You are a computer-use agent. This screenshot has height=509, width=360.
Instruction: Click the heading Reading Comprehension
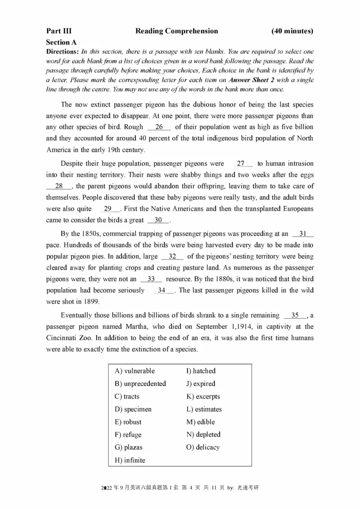[x=176, y=31]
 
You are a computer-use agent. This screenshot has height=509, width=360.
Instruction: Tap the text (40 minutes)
[x=292, y=31]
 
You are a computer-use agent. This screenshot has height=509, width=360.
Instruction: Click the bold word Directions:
[x=63, y=52]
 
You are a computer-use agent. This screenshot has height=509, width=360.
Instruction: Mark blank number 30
[x=158, y=220]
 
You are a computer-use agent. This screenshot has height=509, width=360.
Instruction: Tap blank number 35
[x=295, y=315]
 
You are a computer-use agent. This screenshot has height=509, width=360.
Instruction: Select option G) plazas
[x=128, y=447]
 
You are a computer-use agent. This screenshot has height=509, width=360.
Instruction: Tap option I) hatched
[x=201, y=371]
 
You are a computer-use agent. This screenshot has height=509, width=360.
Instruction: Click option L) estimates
[x=204, y=409]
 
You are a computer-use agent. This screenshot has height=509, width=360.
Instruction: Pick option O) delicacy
[x=202, y=447]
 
